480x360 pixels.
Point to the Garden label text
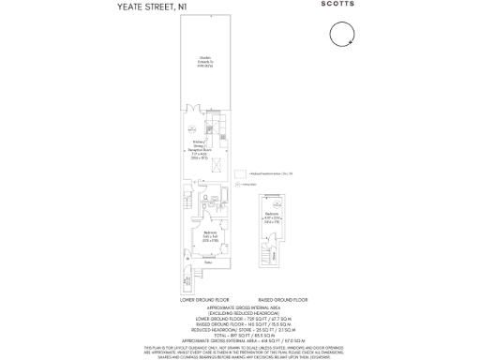point(204,65)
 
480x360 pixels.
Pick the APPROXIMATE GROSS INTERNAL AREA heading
point(240,307)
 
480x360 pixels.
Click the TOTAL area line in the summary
point(240,334)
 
